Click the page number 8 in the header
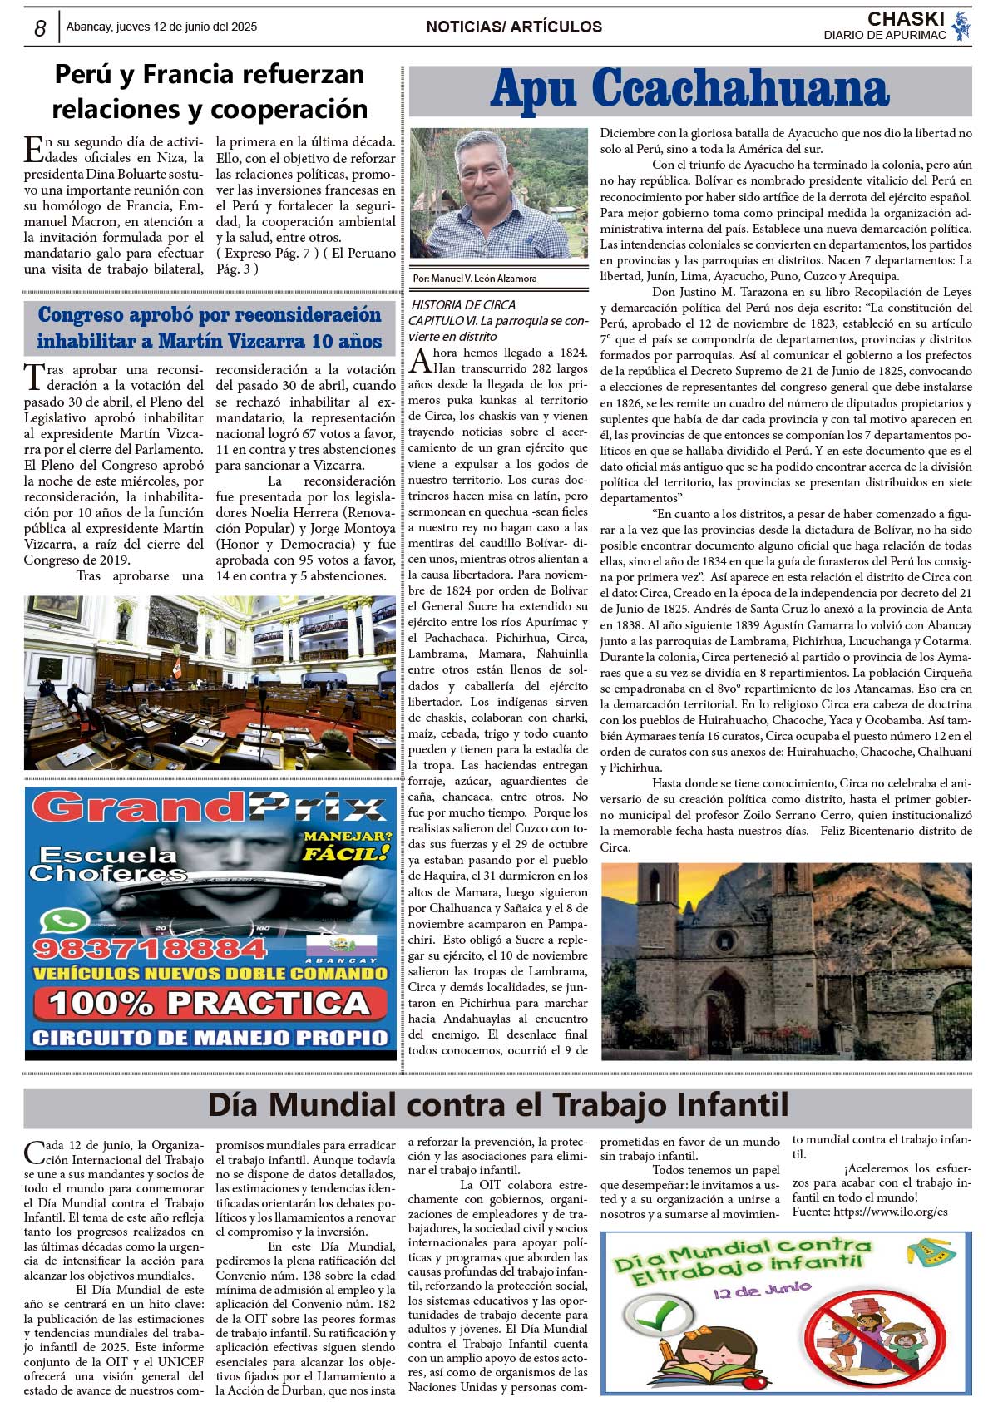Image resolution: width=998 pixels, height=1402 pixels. pos(39,28)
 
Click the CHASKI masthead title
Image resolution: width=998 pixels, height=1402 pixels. pos(905,19)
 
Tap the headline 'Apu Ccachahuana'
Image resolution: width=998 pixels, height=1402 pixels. pos(689,90)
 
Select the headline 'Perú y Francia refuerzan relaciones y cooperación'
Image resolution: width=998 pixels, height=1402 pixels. pos(209,91)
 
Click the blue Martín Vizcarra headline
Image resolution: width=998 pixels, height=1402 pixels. pos(209,328)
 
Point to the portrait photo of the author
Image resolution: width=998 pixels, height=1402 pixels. pos(498,193)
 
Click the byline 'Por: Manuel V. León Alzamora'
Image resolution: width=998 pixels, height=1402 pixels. pos(475,279)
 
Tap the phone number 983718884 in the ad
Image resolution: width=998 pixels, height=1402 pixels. pos(150,948)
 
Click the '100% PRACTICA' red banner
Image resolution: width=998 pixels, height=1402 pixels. pos(210,1004)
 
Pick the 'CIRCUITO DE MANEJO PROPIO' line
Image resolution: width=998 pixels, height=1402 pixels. pos(210,1038)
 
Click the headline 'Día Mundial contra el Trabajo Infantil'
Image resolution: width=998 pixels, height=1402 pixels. pos(497,1105)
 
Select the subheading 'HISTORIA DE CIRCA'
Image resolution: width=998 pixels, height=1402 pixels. pos(463,305)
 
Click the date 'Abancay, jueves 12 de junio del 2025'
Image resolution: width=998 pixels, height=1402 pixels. pos(161,27)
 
